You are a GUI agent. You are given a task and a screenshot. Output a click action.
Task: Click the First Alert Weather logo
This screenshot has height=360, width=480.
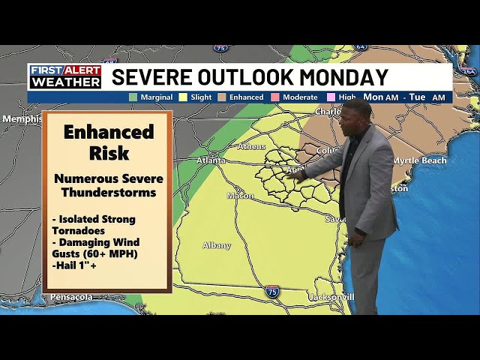64,76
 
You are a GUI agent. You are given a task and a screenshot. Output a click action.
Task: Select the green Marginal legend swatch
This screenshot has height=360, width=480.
133,97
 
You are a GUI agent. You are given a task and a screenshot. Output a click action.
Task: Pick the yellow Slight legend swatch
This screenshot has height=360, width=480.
182,97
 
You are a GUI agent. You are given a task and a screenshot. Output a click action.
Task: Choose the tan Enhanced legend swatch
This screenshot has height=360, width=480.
223,97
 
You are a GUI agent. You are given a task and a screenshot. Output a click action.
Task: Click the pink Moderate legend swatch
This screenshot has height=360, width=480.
275,97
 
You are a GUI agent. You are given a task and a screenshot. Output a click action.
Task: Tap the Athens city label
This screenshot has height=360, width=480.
251,147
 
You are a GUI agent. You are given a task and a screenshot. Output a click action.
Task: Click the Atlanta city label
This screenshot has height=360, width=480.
210,160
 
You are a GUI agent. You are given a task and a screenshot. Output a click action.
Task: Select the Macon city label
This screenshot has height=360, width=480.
240,196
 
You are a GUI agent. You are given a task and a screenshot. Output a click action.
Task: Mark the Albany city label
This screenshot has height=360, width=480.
217,246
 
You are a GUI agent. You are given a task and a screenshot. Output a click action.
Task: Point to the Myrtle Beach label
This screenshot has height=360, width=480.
419,160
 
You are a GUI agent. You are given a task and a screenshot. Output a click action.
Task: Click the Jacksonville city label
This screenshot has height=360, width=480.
331,297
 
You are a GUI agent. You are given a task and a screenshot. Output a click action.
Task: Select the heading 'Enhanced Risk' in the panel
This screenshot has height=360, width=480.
108,142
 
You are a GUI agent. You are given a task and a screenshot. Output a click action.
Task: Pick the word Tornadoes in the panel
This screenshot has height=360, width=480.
79,229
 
